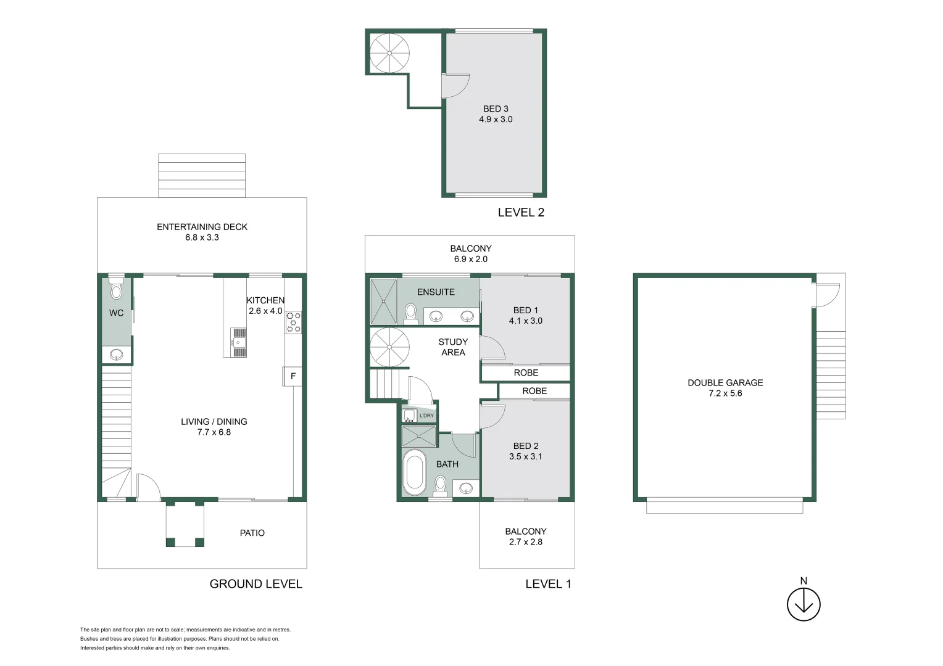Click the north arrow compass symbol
804,604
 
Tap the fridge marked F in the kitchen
293,376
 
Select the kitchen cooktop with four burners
294,323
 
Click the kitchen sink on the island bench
238,342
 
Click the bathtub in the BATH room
414,472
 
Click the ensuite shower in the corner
384,302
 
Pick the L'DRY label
426,416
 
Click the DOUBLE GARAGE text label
725,383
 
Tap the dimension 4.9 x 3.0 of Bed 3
496,120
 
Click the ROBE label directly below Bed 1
526,373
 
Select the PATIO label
252,533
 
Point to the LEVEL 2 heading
521,213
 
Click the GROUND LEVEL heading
255,584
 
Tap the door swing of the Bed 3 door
455,86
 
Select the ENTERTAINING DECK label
202,227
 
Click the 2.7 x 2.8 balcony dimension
526,542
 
